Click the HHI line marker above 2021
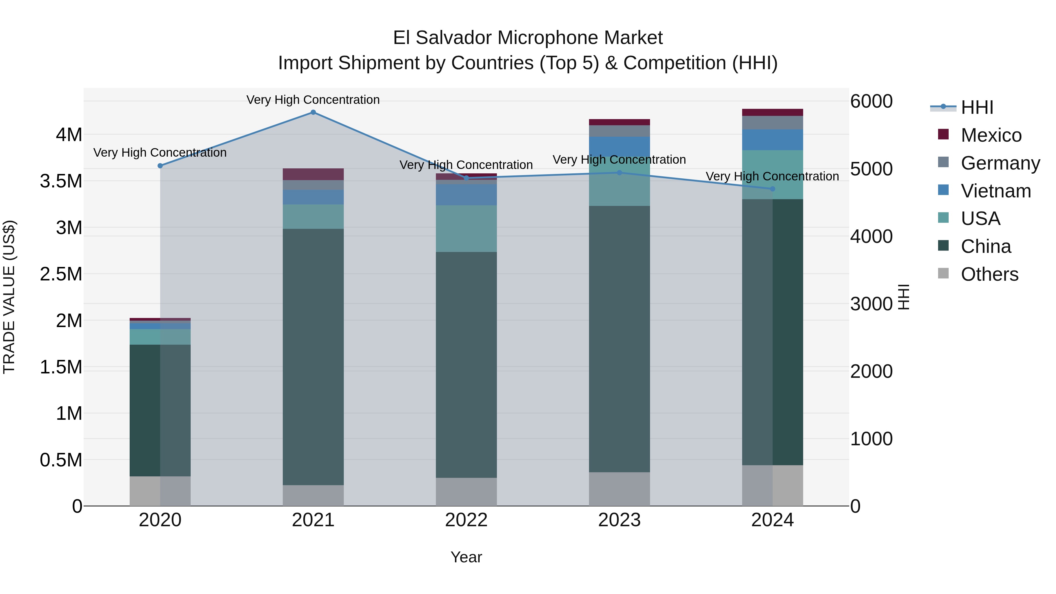click(x=313, y=112)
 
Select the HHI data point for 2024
click(x=772, y=189)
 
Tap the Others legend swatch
click(x=943, y=273)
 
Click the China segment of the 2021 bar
click(x=313, y=357)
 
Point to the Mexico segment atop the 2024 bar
click(x=772, y=112)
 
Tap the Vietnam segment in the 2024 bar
click(x=772, y=140)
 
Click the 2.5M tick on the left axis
click(x=61, y=274)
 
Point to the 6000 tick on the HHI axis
click(x=871, y=101)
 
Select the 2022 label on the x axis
click(x=466, y=520)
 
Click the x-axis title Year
click(x=466, y=557)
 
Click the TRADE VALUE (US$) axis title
click(x=9, y=297)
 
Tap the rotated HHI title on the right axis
click(x=903, y=297)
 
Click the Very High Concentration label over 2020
click(x=160, y=153)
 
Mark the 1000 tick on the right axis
click(x=871, y=439)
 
